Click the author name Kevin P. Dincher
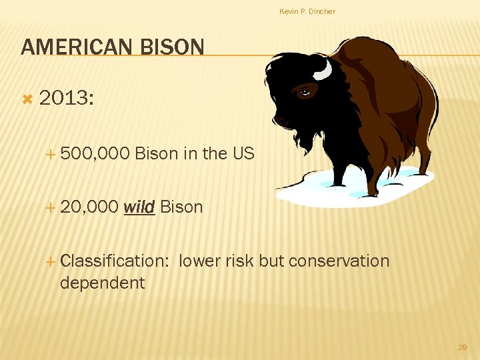pos(307,11)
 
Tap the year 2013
pos(67,99)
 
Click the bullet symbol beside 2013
pos(27,99)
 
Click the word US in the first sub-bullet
pos(243,153)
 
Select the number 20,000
pos(89,207)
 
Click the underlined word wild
pos(139,207)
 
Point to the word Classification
pos(114,261)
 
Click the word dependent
pos(102,283)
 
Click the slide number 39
pos(462,347)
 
